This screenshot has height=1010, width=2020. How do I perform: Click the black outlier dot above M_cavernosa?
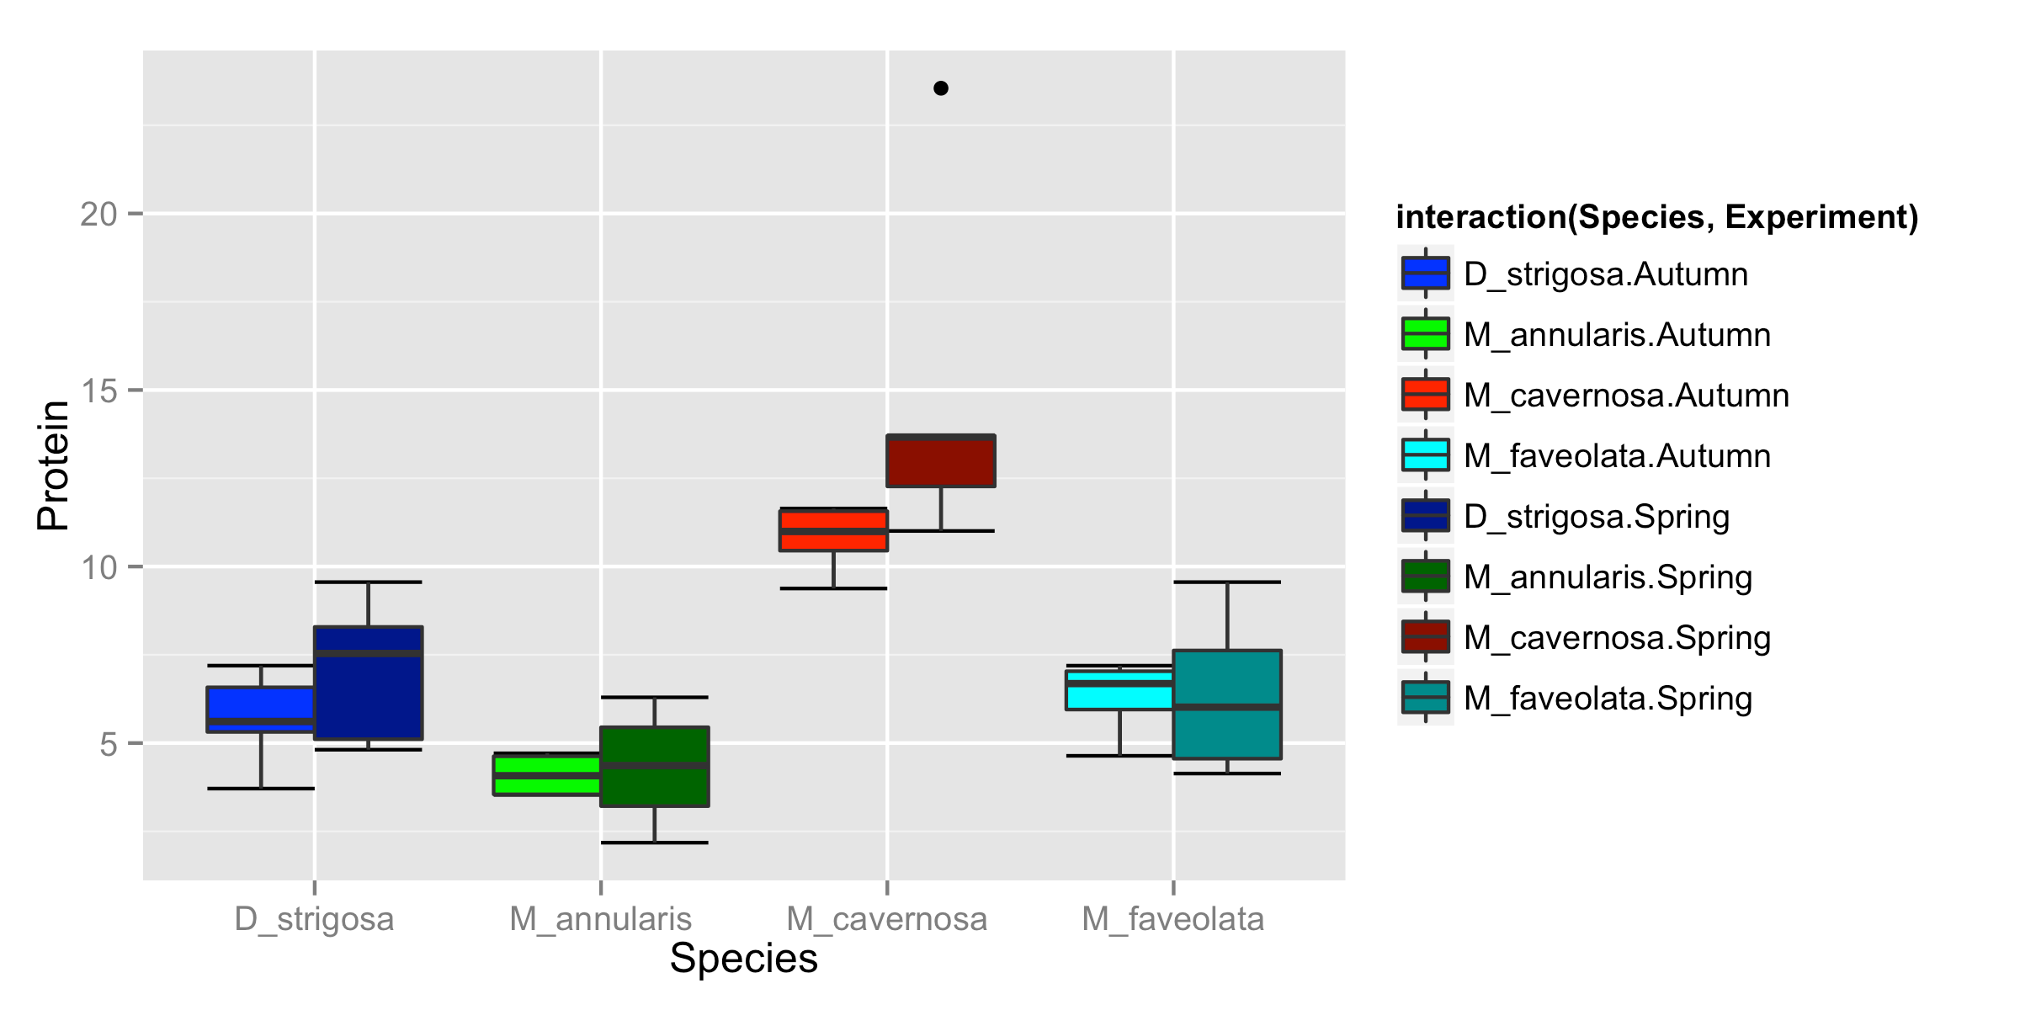click(941, 88)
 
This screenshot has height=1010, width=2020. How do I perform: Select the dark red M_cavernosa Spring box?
click(941, 461)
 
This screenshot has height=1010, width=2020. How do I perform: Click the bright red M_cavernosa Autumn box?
click(833, 530)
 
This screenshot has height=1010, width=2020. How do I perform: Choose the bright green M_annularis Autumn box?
click(547, 775)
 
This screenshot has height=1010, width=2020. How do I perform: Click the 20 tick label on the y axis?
click(98, 215)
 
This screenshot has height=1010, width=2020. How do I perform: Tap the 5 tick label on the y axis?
click(109, 744)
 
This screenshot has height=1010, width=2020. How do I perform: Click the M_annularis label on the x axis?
click(600, 919)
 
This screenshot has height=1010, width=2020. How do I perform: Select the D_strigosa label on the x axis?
click(314, 919)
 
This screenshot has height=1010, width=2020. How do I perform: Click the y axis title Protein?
click(53, 465)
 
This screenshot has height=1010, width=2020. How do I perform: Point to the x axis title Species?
click(743, 959)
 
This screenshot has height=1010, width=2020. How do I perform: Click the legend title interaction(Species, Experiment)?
click(1656, 217)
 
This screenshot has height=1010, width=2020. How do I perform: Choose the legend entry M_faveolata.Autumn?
click(1617, 456)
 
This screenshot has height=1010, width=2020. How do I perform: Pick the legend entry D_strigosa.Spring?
click(1597, 517)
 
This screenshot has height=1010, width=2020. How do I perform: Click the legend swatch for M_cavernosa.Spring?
click(1425, 637)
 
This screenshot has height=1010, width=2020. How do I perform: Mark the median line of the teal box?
click(1227, 707)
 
